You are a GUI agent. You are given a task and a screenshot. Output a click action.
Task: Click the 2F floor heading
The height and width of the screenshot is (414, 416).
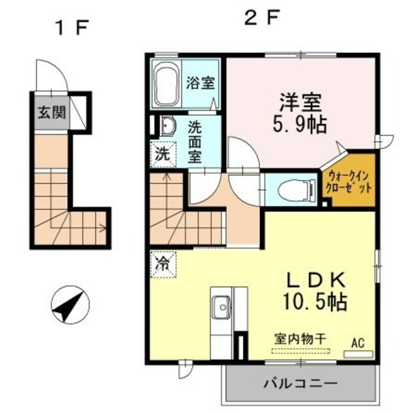pos(261,18)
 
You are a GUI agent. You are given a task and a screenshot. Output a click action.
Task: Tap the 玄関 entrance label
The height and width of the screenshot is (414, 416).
pos(51,112)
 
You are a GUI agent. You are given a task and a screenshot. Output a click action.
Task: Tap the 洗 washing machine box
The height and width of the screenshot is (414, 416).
pos(162,155)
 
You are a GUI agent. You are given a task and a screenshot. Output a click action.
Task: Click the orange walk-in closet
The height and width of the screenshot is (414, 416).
pos(350,182)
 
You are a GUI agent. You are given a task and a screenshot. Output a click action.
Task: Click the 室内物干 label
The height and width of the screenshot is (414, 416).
pos(296,340)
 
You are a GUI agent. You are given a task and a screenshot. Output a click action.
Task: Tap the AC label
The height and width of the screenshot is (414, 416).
pos(359,342)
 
